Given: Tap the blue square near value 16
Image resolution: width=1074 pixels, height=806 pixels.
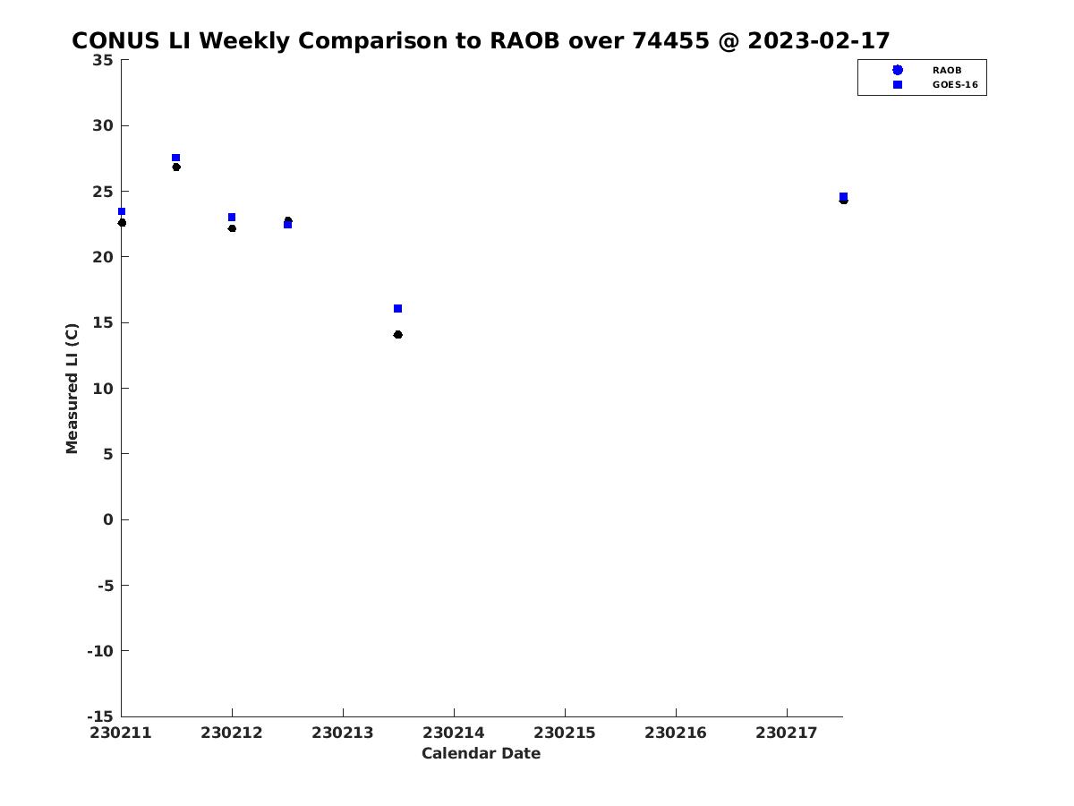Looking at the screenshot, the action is tap(397, 309).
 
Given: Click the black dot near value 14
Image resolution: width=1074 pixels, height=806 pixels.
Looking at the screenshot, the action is tap(397, 335).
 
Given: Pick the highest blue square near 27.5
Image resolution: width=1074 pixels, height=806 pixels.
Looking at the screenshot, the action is tap(175, 158).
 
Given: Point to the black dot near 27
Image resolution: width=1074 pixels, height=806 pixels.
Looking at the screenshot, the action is tap(176, 167).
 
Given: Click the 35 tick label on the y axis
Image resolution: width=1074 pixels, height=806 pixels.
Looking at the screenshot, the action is tap(103, 61).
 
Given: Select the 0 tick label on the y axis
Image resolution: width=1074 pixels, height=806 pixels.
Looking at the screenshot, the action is tap(107, 519).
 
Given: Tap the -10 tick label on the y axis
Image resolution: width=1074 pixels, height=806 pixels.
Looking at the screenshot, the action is tap(100, 651).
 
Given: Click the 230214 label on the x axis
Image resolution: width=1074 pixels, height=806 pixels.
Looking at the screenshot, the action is tap(454, 733).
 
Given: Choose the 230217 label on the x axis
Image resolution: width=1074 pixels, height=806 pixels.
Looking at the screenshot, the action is tap(787, 733).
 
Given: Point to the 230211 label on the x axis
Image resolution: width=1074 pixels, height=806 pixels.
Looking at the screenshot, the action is tap(121, 733).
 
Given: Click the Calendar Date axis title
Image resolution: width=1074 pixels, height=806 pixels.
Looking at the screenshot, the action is tap(481, 753).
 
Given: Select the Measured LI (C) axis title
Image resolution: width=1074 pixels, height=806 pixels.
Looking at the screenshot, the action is tap(72, 389).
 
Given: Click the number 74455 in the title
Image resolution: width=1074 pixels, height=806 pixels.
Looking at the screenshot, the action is tap(670, 41).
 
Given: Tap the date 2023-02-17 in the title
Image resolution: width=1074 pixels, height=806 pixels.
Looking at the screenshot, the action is tap(819, 41).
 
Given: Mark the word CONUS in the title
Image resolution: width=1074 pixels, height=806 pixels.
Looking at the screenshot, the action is tap(115, 41).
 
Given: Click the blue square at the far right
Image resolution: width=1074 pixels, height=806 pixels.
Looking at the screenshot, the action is tap(844, 197).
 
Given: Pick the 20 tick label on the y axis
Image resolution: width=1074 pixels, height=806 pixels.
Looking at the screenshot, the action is tap(103, 257).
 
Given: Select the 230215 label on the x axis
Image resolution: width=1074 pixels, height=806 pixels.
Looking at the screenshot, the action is tap(565, 733).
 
